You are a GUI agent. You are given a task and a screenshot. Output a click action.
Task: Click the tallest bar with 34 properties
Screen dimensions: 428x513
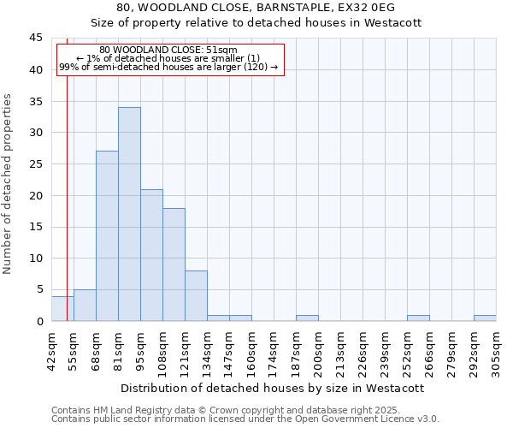click(129, 214)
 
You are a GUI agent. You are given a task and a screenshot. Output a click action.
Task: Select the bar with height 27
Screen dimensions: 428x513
click(107, 235)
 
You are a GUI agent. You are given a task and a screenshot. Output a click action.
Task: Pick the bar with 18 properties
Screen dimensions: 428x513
click(174, 265)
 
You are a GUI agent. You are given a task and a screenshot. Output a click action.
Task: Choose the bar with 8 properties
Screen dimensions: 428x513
click(196, 296)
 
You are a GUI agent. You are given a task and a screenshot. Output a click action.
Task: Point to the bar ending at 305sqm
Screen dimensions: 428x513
click(485, 318)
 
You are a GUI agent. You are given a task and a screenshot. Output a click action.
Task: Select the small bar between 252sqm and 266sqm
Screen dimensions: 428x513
click(418, 318)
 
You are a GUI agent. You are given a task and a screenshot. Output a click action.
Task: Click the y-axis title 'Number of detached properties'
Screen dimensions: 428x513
click(9, 183)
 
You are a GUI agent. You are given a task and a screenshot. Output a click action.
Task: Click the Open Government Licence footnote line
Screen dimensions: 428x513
click(245, 419)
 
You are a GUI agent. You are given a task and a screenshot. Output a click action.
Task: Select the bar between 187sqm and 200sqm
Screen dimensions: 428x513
click(307, 318)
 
